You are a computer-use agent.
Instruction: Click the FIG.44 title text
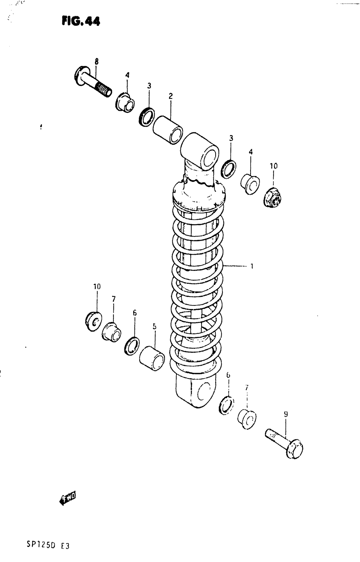click(81, 21)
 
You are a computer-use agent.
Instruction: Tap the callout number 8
click(96, 62)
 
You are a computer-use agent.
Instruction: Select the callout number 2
click(171, 96)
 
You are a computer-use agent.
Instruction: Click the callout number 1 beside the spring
click(252, 267)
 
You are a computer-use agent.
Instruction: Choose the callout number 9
click(286, 414)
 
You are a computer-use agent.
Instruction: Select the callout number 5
click(154, 326)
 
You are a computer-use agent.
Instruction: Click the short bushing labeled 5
click(152, 357)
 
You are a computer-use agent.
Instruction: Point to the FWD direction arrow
click(67, 499)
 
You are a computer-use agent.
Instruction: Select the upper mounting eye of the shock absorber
click(200, 150)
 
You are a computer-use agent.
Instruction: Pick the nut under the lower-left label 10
click(94, 320)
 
